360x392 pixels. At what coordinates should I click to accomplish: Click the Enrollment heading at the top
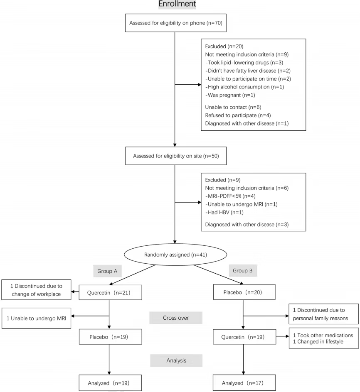click(177, 4)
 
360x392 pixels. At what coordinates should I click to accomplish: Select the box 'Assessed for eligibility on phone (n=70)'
click(176, 23)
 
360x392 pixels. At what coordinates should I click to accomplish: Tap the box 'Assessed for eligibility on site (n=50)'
click(176, 156)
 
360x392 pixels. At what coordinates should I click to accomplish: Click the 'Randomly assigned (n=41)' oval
click(175, 255)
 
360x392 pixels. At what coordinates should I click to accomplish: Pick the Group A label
click(107, 271)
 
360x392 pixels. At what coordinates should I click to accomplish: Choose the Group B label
click(243, 270)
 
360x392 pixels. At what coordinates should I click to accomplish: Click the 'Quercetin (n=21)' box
click(111, 292)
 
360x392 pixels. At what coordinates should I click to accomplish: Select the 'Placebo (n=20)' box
click(244, 292)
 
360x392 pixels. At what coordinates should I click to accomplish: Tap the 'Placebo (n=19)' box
click(111, 337)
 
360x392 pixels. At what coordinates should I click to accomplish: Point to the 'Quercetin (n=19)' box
click(244, 337)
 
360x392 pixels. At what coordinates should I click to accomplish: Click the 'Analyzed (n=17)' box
click(244, 383)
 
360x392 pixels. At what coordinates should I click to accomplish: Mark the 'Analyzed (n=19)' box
click(110, 383)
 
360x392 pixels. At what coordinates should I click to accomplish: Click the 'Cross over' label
click(176, 318)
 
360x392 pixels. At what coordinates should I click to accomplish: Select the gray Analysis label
click(176, 360)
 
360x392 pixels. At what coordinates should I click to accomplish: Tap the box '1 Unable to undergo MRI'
click(36, 318)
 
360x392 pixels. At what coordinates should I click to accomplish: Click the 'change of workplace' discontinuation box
click(36, 290)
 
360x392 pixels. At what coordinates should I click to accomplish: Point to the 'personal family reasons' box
click(324, 314)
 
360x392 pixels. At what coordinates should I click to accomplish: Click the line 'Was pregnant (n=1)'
click(230, 95)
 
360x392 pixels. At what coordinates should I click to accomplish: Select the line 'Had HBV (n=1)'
click(224, 212)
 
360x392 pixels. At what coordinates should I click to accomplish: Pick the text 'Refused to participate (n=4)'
click(238, 115)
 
